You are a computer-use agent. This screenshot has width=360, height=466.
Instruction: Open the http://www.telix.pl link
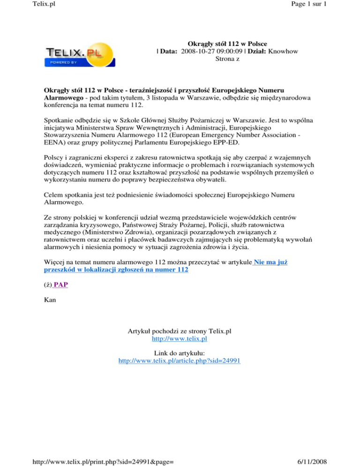coord(180,338)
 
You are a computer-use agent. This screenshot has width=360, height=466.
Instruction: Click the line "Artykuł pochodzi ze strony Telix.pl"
coord(180,330)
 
